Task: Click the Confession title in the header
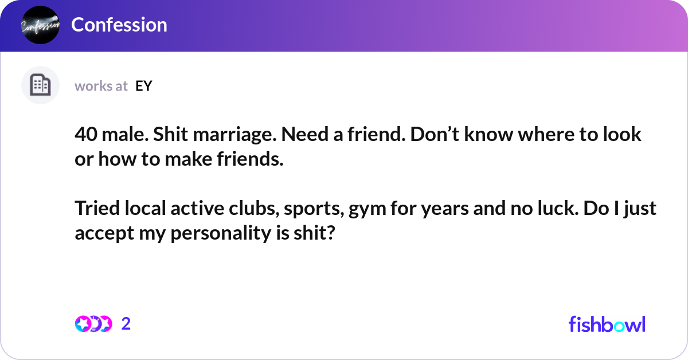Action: (119, 25)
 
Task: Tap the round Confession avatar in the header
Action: (40, 25)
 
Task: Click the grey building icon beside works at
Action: (40, 85)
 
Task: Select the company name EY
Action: (144, 86)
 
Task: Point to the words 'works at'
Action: (101, 86)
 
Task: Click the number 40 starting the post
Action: (84, 135)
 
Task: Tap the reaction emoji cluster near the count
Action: (93, 324)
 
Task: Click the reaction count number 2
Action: (126, 324)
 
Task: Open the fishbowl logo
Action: (607, 324)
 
